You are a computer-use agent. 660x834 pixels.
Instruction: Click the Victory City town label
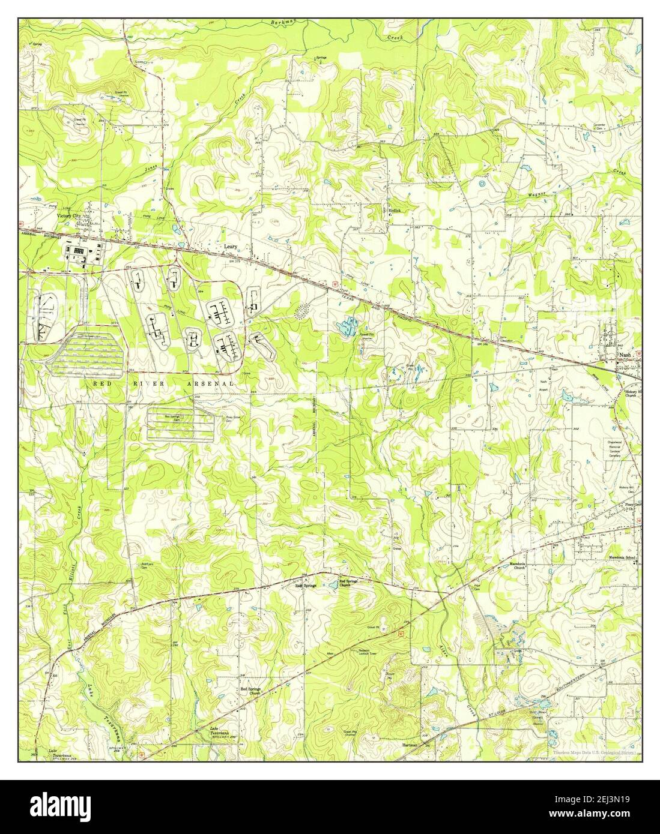point(69,215)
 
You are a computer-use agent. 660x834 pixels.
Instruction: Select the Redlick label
point(394,211)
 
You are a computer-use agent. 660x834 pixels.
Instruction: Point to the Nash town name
point(625,355)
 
